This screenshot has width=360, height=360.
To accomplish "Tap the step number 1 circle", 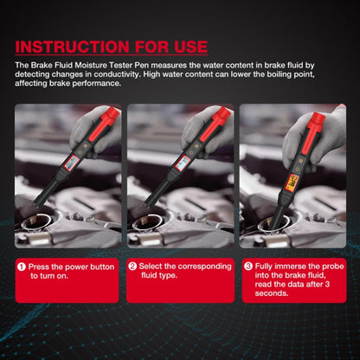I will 20,267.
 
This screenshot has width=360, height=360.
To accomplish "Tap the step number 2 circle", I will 132,267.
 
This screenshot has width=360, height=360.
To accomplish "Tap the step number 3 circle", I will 248,267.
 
